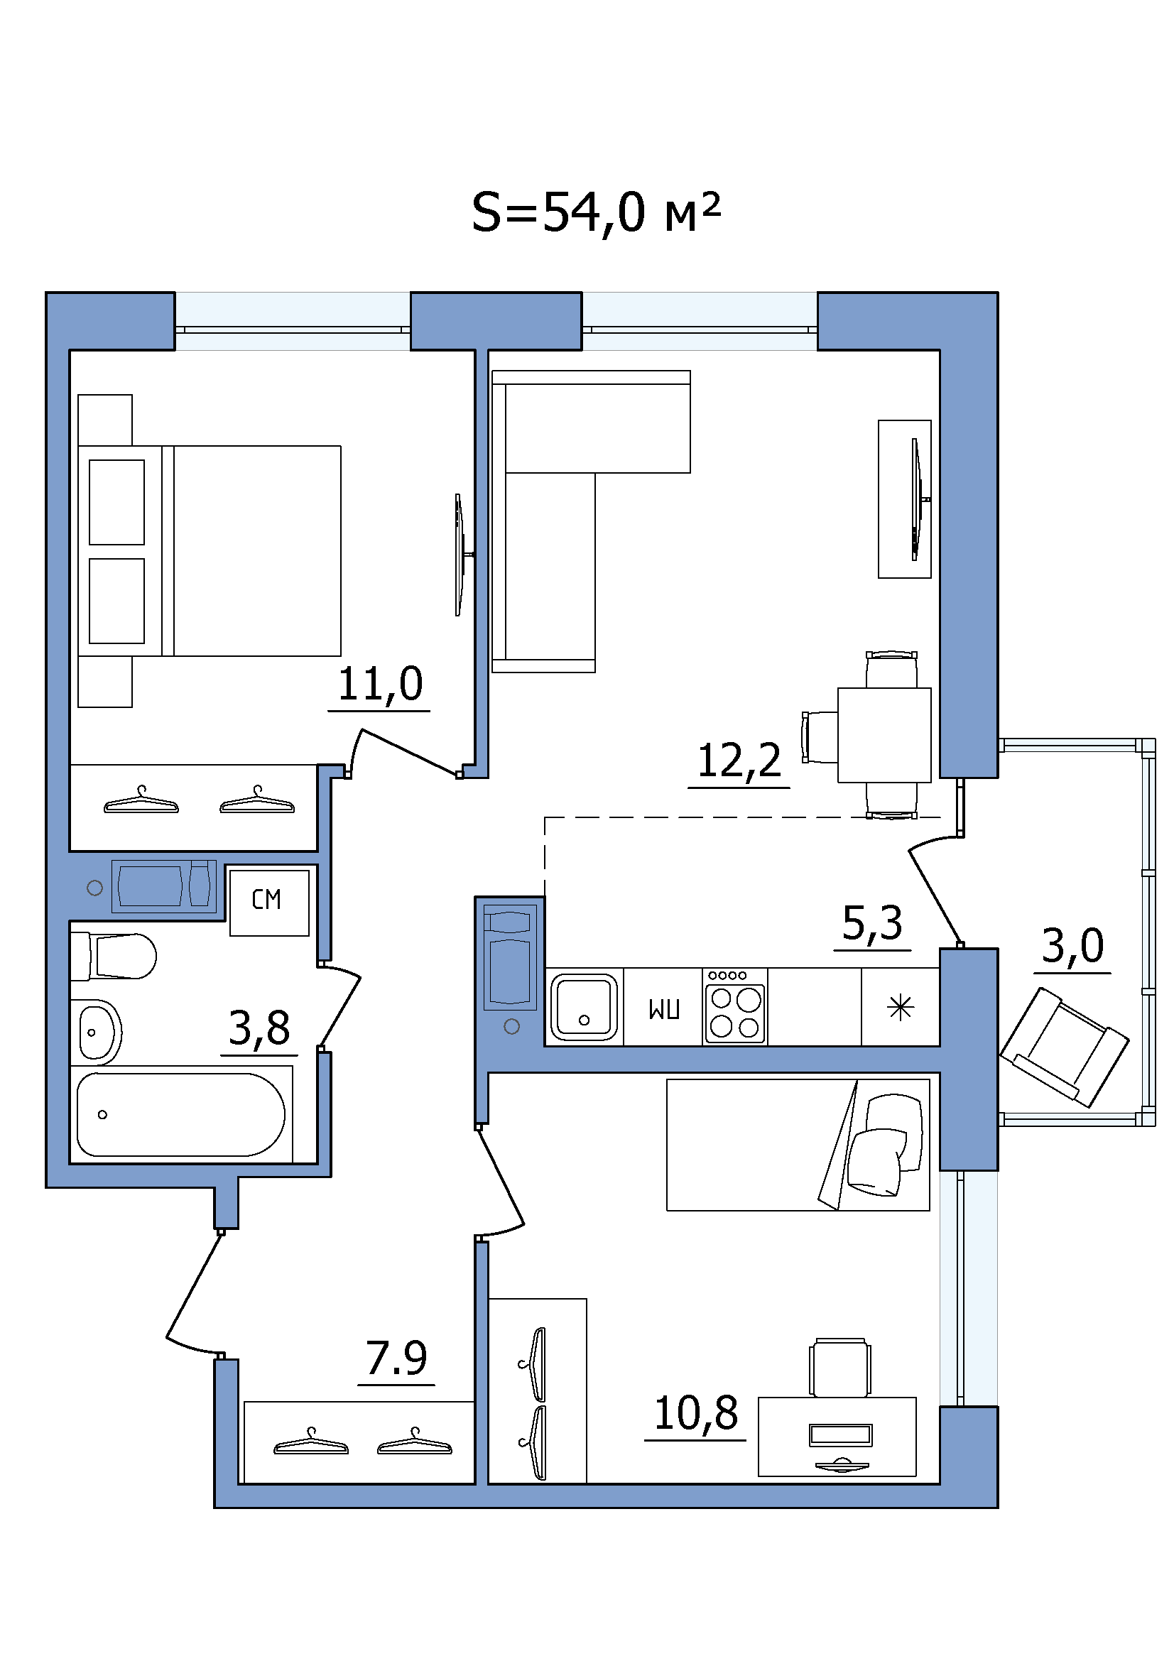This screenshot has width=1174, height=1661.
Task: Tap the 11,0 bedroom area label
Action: (380, 684)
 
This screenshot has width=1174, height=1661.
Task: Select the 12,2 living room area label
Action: (739, 761)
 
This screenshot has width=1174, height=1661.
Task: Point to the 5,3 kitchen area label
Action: (872, 923)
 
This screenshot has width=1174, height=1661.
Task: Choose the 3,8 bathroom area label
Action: (259, 1028)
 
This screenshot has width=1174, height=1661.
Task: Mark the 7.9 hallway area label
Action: (396, 1358)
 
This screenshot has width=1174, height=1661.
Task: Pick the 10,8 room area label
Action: (696, 1414)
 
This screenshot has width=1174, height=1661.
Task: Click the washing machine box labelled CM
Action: (270, 902)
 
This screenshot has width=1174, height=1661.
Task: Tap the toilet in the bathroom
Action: (114, 956)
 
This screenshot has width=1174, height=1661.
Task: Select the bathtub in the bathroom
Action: (181, 1114)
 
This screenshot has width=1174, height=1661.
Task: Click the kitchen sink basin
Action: (585, 1007)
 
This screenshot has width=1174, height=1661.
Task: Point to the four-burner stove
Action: (735, 1006)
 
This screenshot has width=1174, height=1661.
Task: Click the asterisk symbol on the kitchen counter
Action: (901, 1007)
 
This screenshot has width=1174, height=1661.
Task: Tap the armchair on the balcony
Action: (1064, 1047)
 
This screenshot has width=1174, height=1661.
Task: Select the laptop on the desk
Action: (841, 1435)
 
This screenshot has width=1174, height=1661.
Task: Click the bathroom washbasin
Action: (97, 1033)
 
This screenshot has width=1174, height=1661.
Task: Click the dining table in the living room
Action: (884, 734)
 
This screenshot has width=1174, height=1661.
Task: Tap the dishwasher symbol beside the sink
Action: (664, 1008)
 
